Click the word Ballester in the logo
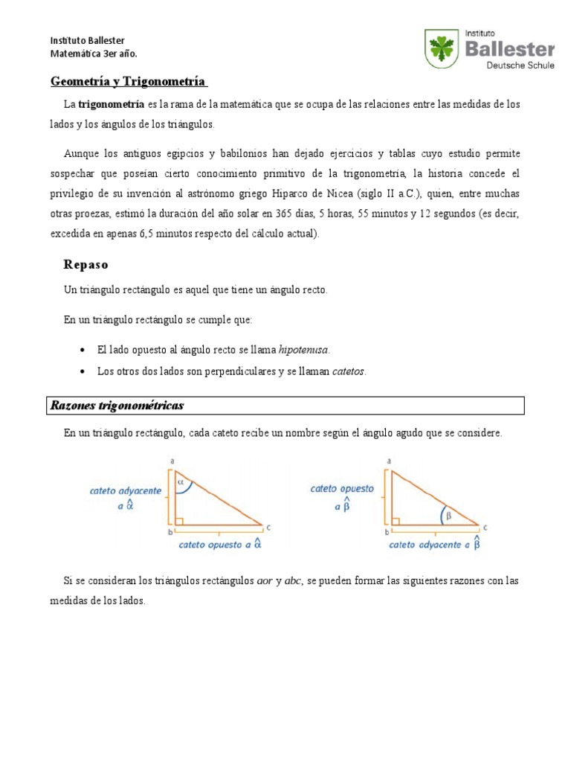[509, 49]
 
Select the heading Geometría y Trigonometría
[129, 80]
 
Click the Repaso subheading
[86, 264]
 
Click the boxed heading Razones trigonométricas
[117, 406]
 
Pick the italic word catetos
[349, 371]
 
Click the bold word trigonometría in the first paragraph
[112, 105]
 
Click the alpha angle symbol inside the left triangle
[179, 481]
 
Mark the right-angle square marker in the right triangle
[396, 521]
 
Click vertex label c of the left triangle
[268, 528]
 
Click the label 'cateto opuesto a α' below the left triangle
[220, 545]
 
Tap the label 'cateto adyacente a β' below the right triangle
[435, 545]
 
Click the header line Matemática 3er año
[93, 54]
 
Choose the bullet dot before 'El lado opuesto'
[83, 350]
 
